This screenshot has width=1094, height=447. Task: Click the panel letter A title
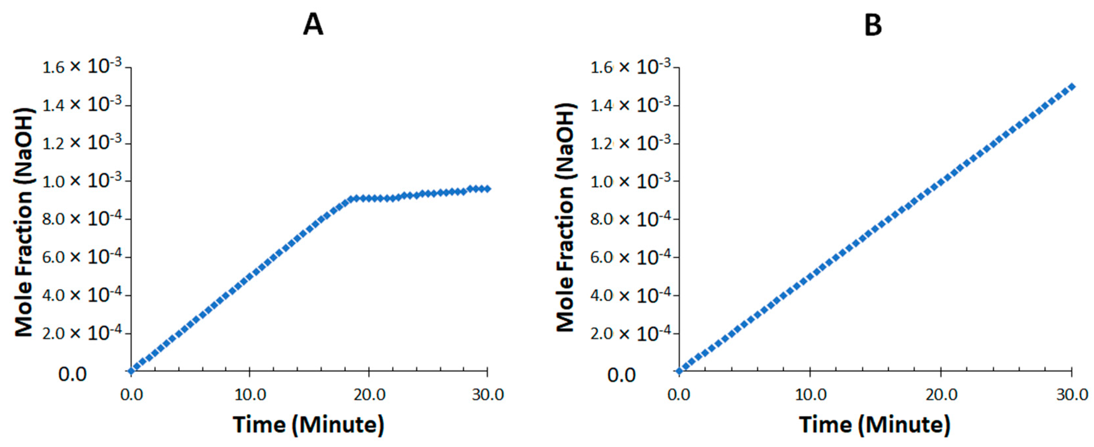(x=313, y=25)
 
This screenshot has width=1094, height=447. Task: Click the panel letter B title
(x=873, y=25)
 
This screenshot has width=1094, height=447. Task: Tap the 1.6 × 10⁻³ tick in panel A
(x=82, y=67)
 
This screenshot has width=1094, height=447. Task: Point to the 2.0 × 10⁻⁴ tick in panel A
(x=82, y=333)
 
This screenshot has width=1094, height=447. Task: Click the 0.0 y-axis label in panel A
(x=72, y=375)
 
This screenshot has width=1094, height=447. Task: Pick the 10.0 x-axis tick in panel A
(x=250, y=395)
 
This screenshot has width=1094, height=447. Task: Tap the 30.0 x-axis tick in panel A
(x=487, y=395)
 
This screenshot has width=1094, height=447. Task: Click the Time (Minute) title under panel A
(x=308, y=425)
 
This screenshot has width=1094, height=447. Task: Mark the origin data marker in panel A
(x=131, y=371)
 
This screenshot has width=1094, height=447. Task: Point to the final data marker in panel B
(x=1072, y=87)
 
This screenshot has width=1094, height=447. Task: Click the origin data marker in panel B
(x=679, y=371)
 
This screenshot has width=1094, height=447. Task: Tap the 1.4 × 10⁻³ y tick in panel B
(x=630, y=105)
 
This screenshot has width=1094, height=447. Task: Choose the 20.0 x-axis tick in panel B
(x=941, y=395)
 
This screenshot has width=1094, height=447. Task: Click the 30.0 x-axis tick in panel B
(x=1072, y=395)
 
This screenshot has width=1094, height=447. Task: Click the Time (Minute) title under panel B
(x=875, y=425)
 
